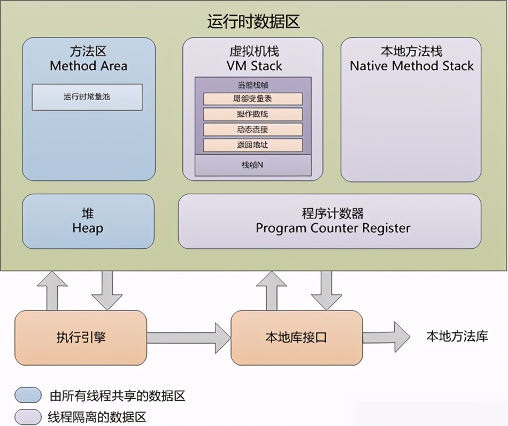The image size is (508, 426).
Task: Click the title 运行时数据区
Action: tap(253, 22)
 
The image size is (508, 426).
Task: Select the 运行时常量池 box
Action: tap(87, 97)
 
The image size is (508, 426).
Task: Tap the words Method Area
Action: tap(89, 66)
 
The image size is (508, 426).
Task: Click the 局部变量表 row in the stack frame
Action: tap(253, 99)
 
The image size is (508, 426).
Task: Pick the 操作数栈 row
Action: tap(253, 114)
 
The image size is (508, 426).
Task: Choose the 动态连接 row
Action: tap(253, 130)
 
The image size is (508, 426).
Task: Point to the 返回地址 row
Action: tap(253, 145)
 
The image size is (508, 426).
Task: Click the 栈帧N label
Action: tap(252, 165)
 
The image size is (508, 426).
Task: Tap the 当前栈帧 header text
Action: tap(252, 85)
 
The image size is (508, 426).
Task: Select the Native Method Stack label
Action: tap(411, 66)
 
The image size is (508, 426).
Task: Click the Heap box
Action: tap(88, 221)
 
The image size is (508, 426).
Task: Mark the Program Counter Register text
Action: tap(333, 228)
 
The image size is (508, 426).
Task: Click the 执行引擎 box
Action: tap(81, 338)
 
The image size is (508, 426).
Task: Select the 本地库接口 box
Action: tap(296, 338)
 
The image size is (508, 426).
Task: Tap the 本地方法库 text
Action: tap(457, 336)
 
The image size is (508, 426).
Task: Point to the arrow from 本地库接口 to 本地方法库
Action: tap(386, 337)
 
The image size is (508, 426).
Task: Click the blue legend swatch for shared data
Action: tap(28, 395)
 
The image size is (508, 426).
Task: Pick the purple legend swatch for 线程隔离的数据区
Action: tap(28, 417)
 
